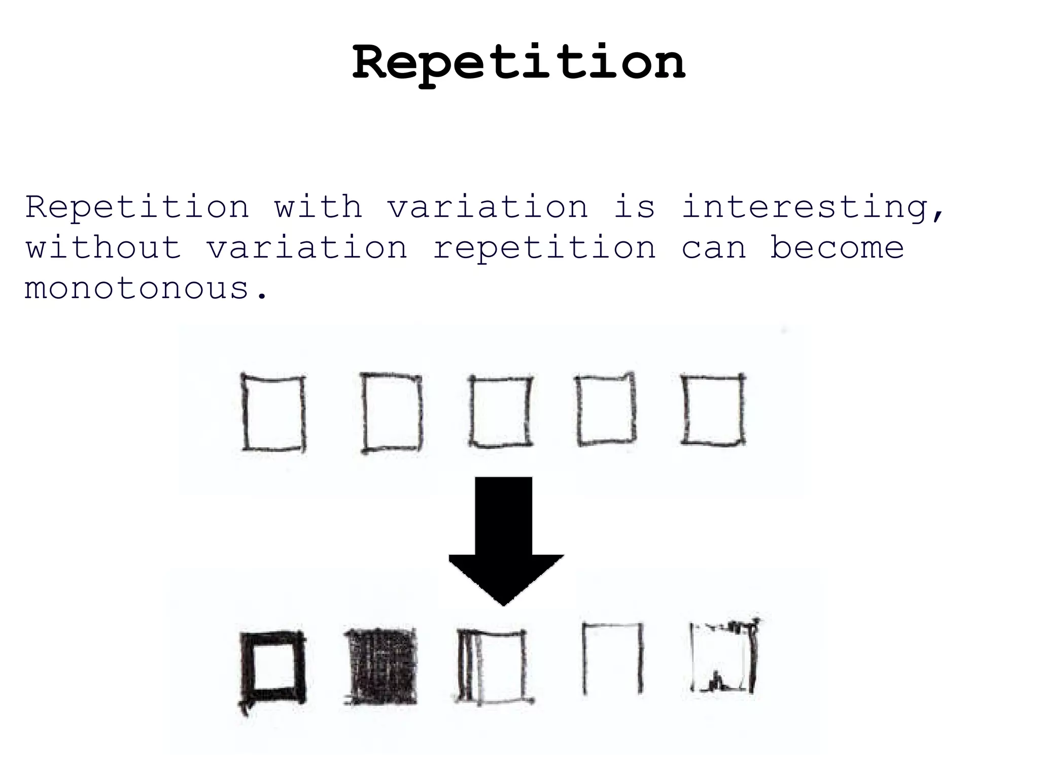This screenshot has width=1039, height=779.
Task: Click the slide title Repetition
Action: pos(518,63)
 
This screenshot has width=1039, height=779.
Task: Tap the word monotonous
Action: pos(146,288)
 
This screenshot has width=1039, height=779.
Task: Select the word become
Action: pos(837,248)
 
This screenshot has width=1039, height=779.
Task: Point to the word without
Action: pos(103,248)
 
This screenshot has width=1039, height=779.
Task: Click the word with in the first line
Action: pos(318,207)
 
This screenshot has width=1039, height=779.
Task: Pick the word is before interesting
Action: pos(634,207)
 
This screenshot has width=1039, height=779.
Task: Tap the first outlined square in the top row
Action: pos(274,413)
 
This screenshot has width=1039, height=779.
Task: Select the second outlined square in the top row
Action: pos(392,412)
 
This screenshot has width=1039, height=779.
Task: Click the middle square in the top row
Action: pos(501,411)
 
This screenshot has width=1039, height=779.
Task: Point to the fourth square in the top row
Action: pos(606,410)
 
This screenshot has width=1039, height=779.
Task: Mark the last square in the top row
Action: pos(713,410)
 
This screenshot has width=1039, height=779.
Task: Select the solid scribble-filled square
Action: pos(381,667)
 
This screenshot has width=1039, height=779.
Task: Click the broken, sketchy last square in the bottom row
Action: pos(724,657)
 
